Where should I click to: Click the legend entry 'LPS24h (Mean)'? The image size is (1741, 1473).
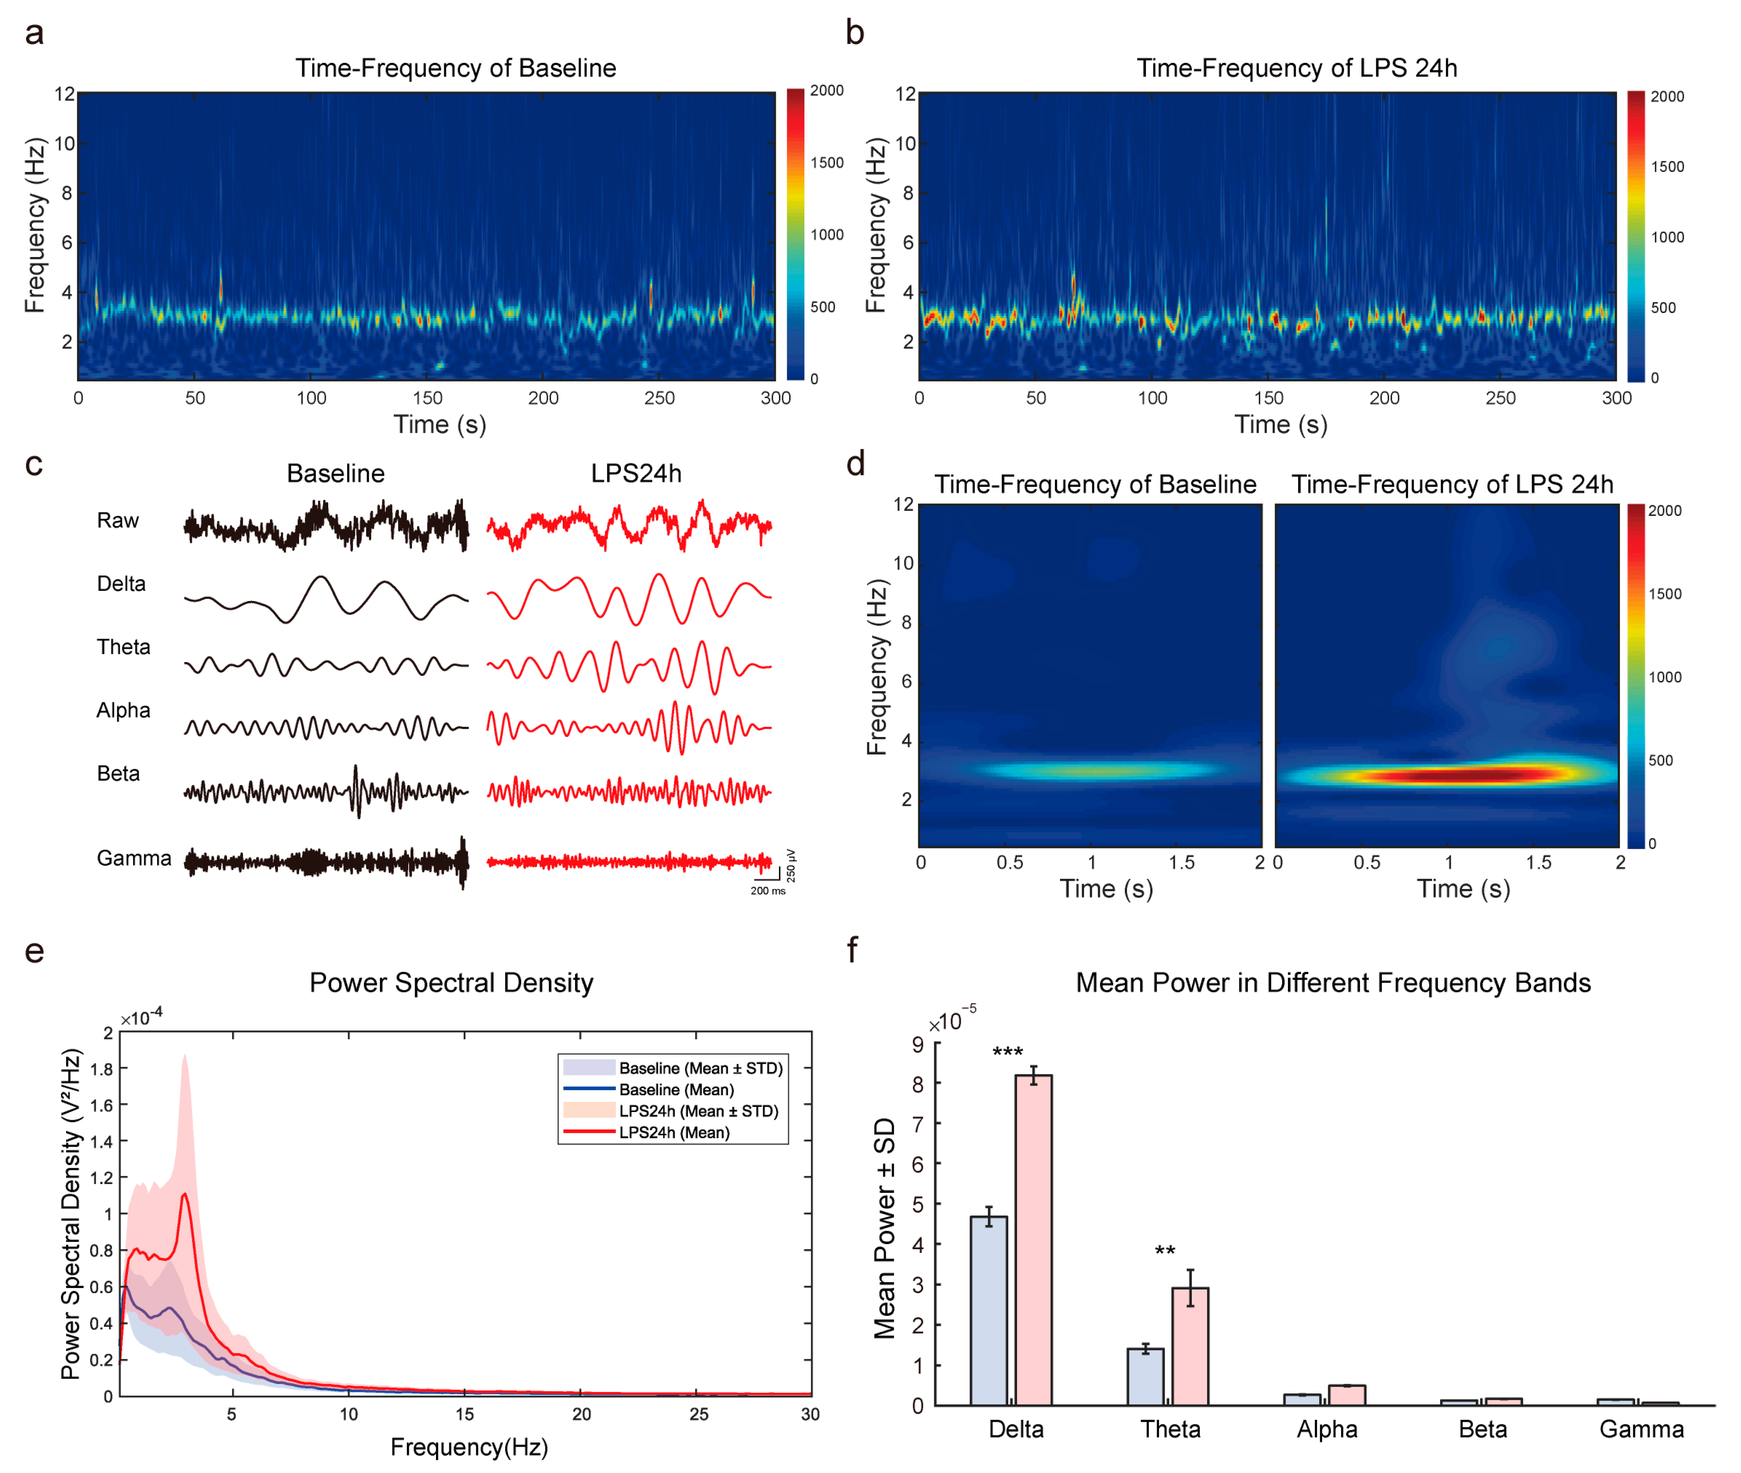coord(674,1132)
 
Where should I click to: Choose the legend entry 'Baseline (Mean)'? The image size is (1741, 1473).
coord(676,1090)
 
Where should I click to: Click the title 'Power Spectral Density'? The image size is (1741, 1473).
coord(451,983)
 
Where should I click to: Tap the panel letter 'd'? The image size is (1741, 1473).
coord(855,464)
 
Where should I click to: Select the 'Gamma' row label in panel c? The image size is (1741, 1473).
coord(134,859)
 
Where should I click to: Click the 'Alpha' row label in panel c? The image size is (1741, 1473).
coord(123,711)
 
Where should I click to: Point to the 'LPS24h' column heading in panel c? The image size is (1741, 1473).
coord(636,473)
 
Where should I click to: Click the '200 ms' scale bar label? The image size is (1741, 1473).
coord(767,891)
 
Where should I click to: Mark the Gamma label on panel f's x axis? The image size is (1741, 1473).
coord(1641,1430)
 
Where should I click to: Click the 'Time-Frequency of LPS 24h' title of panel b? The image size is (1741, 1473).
coord(1296,68)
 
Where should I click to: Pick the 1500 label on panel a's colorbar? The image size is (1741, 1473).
coord(827,163)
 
